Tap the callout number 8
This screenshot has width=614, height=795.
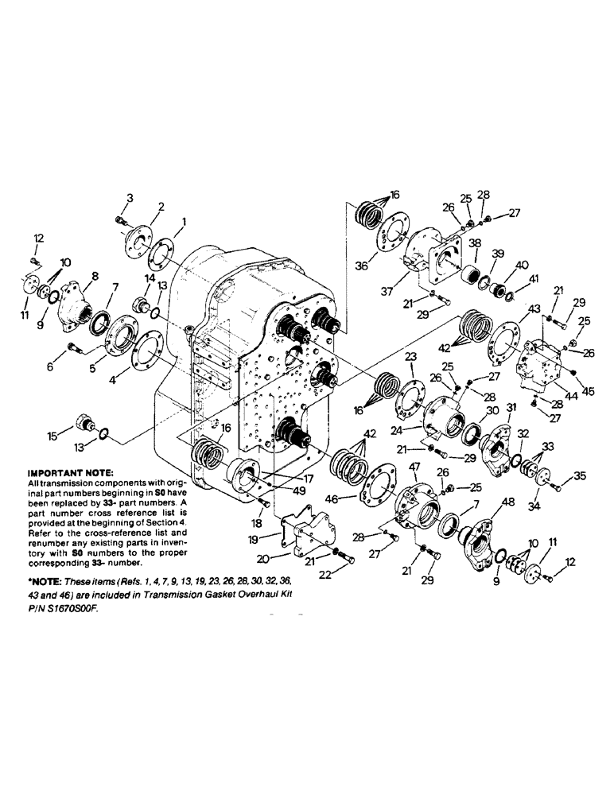click(x=95, y=276)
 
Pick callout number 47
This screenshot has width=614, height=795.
click(x=413, y=467)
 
